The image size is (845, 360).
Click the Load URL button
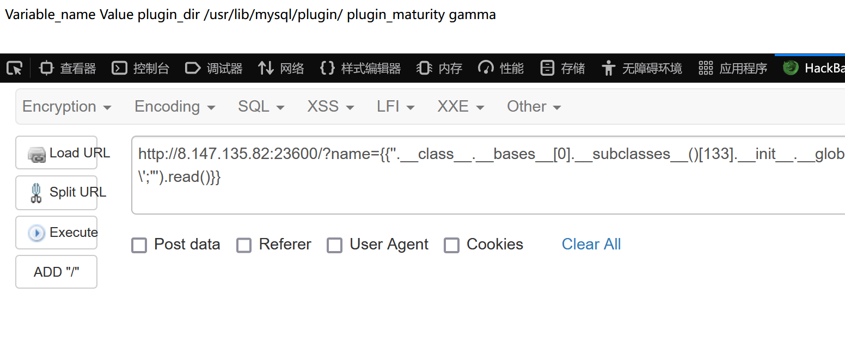(x=57, y=153)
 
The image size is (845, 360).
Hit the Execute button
(x=57, y=233)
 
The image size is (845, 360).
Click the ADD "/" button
(x=57, y=272)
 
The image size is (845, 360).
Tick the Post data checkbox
(x=139, y=245)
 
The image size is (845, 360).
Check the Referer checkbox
(x=244, y=245)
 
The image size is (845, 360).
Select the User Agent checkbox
(x=334, y=245)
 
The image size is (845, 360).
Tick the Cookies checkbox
(x=451, y=245)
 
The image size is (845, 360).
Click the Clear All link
(x=591, y=245)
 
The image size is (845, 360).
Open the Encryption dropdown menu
(x=66, y=107)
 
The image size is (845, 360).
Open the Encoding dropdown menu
(x=174, y=107)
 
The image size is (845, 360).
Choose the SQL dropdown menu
(x=261, y=107)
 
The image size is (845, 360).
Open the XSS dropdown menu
(x=330, y=107)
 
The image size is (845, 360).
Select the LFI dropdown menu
(x=395, y=107)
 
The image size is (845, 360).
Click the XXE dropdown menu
(x=461, y=107)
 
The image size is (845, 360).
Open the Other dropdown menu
(x=534, y=107)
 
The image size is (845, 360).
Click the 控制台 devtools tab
(x=140, y=68)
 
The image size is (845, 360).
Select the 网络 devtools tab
(x=281, y=68)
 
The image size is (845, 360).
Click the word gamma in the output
(x=472, y=15)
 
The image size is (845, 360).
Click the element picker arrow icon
(x=15, y=68)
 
